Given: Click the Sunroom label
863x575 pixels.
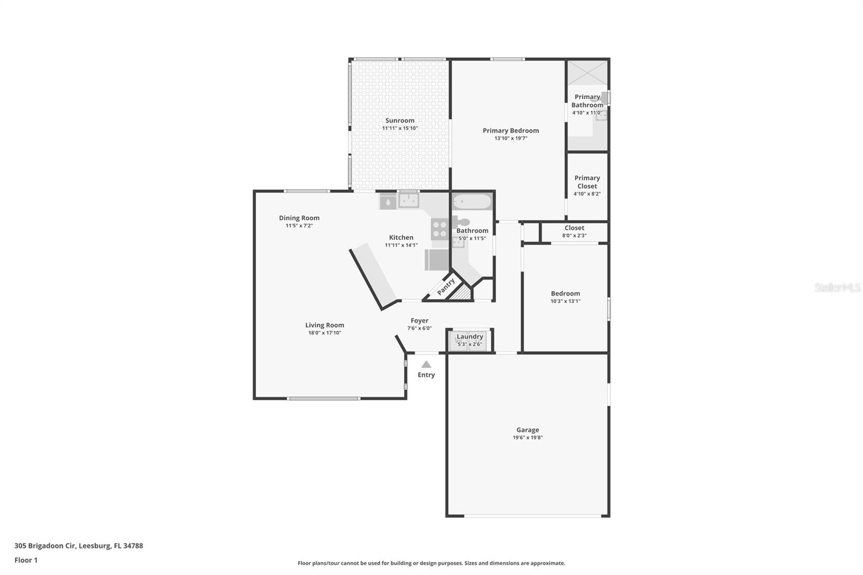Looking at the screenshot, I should [400, 121].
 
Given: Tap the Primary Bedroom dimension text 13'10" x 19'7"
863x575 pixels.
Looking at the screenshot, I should [510, 138].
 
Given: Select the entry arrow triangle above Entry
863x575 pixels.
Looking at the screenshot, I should [426, 364].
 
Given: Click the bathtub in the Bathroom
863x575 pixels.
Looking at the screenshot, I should [472, 202].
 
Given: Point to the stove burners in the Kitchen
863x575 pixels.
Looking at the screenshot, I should [440, 230].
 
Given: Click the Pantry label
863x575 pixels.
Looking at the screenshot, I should [446, 286].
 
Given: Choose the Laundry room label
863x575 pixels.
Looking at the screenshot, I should [470, 337].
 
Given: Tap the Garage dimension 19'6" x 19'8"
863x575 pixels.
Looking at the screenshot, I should [528, 437].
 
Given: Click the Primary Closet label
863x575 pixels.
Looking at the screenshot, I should [587, 182].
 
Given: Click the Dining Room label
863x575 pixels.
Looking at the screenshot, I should [299, 218].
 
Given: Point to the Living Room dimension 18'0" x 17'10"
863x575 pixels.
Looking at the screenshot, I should [324, 333].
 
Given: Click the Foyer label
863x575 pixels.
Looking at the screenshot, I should [419, 320].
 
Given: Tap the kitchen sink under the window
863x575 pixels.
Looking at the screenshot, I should [408, 201].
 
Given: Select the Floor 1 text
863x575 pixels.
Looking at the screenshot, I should [26, 560].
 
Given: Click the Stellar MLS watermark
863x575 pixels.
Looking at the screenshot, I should [837, 287].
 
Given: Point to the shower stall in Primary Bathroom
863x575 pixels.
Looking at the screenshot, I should [587, 72].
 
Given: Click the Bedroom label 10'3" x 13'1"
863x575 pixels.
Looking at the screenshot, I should [565, 293].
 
